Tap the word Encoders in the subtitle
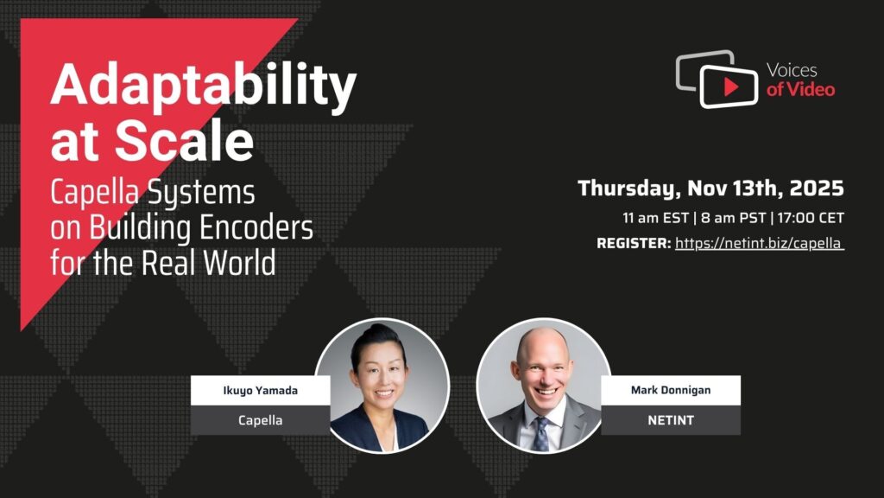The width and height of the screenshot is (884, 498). pos(256,228)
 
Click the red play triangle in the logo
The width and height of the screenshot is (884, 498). pos(731,87)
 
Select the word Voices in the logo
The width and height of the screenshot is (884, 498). pos(792,71)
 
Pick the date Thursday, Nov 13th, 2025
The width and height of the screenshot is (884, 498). pos(710,188)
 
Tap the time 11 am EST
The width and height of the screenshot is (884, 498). pos(655,218)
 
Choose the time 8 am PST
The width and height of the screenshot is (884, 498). pos(733,218)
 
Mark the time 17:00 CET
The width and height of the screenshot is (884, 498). pos(811,218)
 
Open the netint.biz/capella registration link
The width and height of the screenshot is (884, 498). pos(760,243)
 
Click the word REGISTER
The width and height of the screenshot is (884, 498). pos(634,243)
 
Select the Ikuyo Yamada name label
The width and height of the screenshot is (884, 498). pos(261,390)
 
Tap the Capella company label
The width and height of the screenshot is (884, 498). pos(261,420)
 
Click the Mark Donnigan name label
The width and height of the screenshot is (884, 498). pos(670,390)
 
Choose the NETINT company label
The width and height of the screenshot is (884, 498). pos(670,420)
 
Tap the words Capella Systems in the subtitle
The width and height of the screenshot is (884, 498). pos(153,193)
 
